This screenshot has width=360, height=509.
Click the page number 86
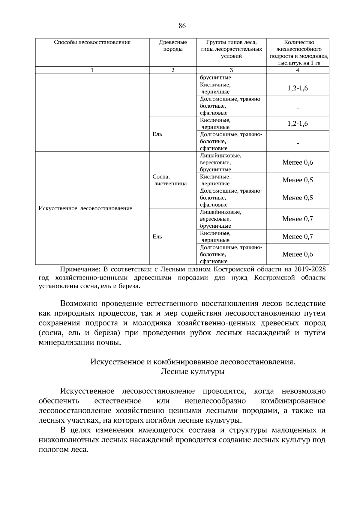pos(182,26)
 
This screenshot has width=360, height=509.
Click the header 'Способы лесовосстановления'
pos(92,42)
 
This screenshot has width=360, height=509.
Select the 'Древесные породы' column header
pos(173,46)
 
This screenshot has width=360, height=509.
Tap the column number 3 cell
pos(231,70)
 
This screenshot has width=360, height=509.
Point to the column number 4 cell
pos(297,70)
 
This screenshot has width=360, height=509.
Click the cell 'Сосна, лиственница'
pos(170,180)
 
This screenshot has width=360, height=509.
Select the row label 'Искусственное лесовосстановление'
pos(85,208)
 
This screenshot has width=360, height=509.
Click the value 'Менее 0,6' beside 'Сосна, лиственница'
pos(297,163)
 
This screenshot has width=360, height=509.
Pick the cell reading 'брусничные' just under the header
pos(215,78)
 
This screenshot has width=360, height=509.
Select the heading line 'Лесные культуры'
pos(193,372)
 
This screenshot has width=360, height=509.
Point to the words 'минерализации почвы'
pos(79,343)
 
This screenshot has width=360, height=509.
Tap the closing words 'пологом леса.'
pos(64,450)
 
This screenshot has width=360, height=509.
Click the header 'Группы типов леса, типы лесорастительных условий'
pos(231,49)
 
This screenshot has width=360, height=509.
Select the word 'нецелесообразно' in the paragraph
pos(215,401)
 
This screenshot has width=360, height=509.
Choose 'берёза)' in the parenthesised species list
pos(108,333)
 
